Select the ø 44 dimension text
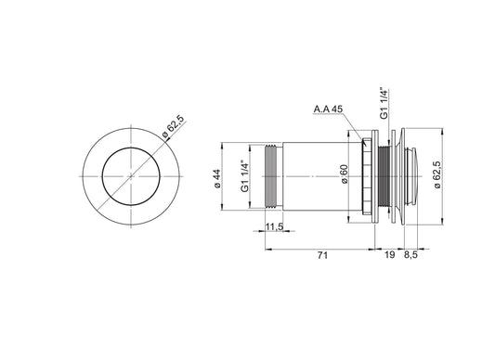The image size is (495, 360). pos(217,179)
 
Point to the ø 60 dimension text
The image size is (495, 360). pos(345,174)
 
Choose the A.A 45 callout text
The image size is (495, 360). pos(328,109)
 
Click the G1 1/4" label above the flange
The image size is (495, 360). pos(384,103)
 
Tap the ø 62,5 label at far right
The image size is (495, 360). pos(436,174)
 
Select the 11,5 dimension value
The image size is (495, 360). pos(274,226)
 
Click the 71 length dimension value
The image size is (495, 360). pos(322,255)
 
